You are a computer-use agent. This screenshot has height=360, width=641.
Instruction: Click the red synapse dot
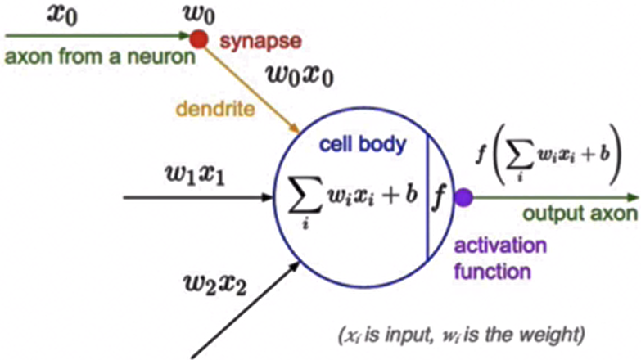(x=198, y=38)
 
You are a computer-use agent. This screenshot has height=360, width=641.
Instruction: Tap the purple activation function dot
(x=464, y=197)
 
